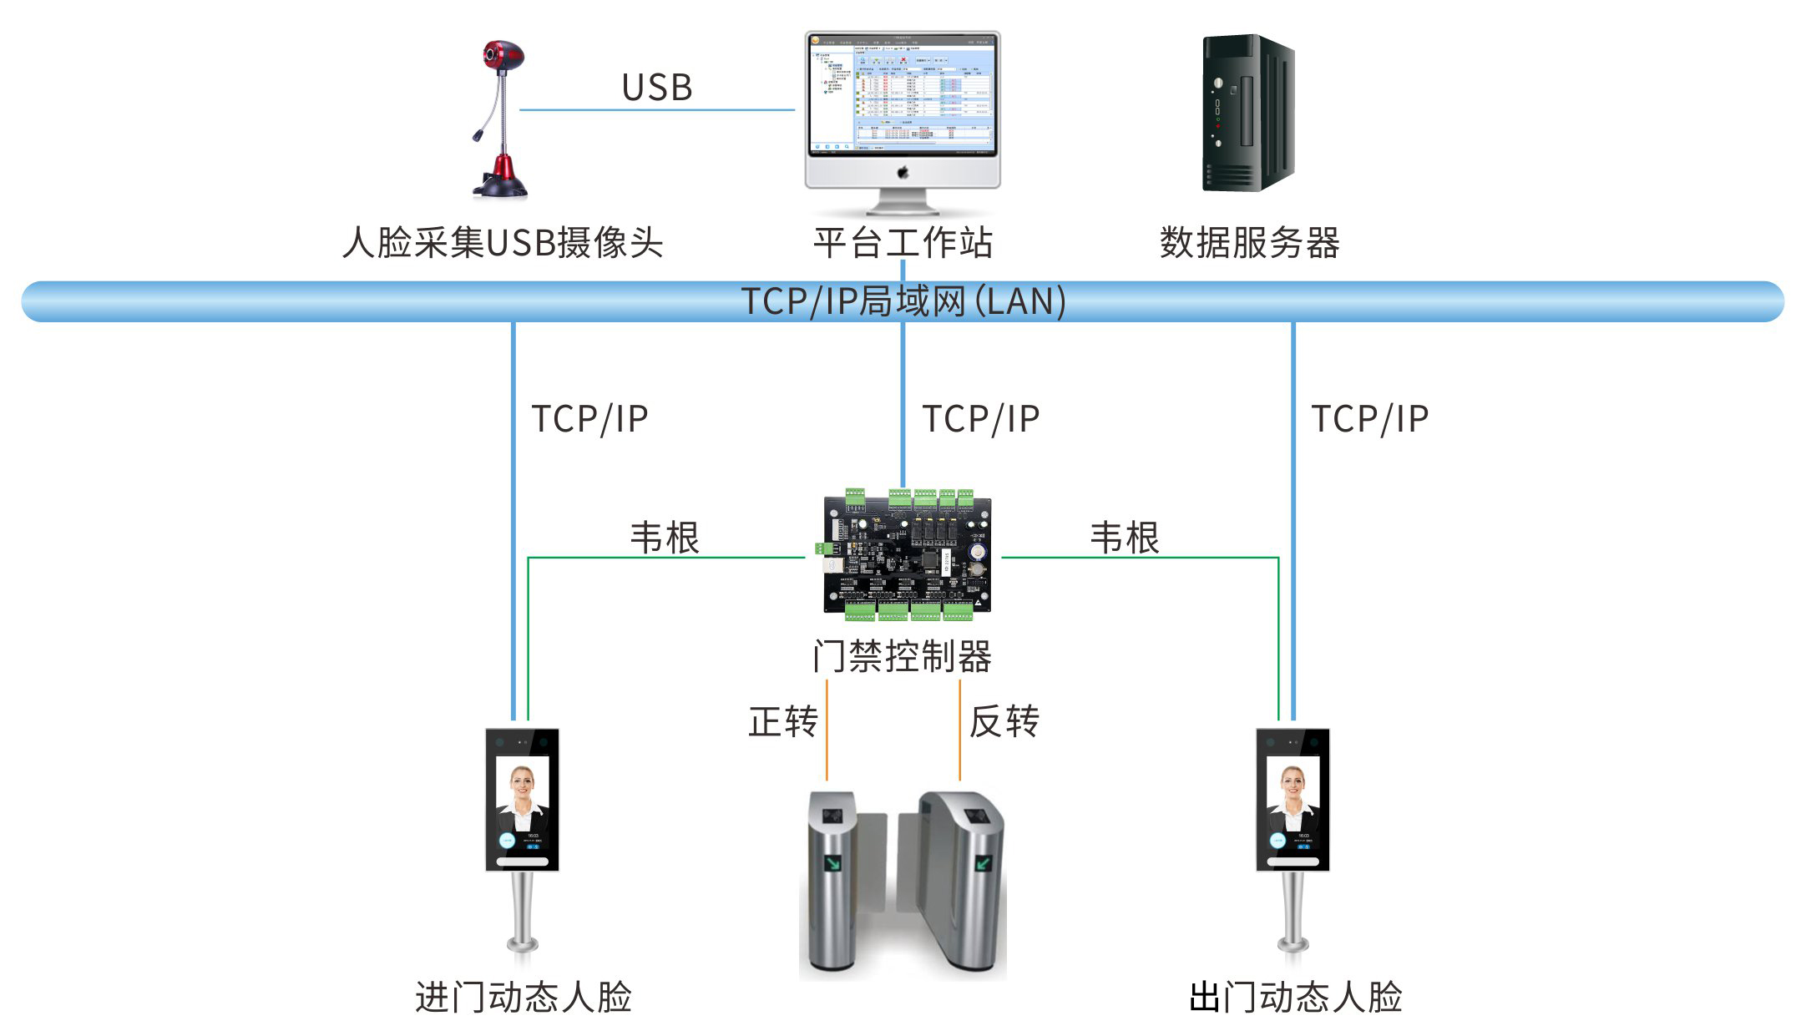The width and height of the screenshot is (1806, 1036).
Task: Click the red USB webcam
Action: click(501, 117)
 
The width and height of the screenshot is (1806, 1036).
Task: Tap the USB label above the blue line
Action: click(657, 88)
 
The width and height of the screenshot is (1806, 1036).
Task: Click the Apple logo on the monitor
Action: click(903, 173)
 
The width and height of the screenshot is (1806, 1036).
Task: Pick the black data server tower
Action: click(1247, 113)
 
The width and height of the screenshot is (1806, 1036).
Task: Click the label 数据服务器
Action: click(1249, 243)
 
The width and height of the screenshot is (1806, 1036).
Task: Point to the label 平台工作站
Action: click(903, 243)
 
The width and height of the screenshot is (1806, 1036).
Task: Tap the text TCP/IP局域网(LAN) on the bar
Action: click(903, 301)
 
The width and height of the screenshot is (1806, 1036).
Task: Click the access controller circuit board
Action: click(907, 555)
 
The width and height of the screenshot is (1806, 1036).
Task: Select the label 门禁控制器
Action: click(903, 656)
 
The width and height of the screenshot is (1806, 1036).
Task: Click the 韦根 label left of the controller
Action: click(665, 538)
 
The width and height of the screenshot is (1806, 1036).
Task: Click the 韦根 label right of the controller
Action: click(1125, 538)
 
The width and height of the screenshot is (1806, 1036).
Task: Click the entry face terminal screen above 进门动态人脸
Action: click(523, 799)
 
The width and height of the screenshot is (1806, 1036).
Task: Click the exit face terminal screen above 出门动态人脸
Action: click(1293, 799)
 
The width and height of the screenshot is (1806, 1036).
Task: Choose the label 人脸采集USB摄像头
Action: click(503, 243)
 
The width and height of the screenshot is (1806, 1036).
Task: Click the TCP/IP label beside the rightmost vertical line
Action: click(1370, 419)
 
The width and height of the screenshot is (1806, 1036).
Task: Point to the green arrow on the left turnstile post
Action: click(832, 862)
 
